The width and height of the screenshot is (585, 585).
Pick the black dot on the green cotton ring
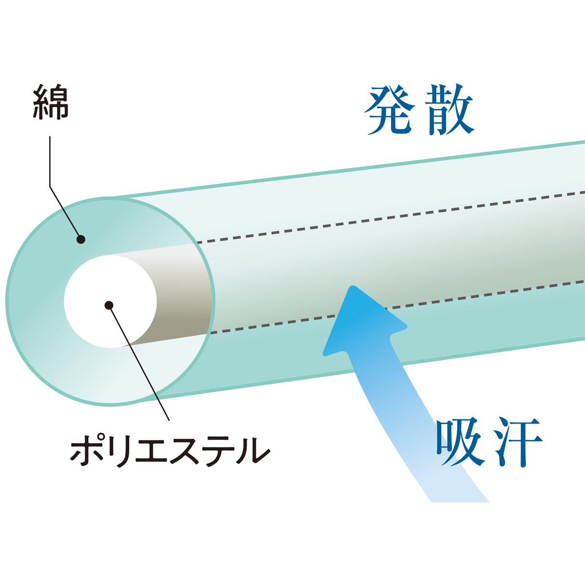[x=81, y=239]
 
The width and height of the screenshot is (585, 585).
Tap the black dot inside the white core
[x=109, y=305]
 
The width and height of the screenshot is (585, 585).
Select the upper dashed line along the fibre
[x=390, y=224]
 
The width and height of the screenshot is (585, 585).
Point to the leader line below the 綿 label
[x=51, y=166]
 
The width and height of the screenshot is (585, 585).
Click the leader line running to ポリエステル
[x=141, y=366]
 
